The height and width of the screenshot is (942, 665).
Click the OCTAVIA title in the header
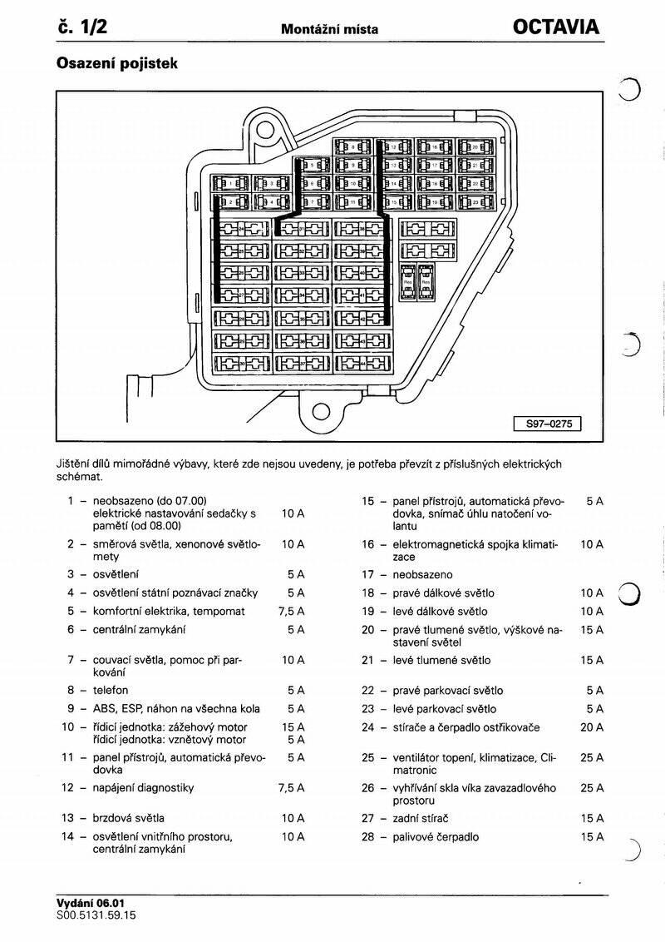click(x=555, y=27)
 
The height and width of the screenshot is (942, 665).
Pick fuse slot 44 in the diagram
click(x=363, y=364)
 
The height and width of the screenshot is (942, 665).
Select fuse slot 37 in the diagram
click(x=302, y=364)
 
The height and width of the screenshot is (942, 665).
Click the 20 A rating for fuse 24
click(x=592, y=727)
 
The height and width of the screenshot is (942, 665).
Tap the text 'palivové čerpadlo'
click(x=436, y=837)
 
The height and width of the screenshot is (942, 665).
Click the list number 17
click(x=367, y=574)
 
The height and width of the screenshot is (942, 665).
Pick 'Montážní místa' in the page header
click(x=330, y=29)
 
